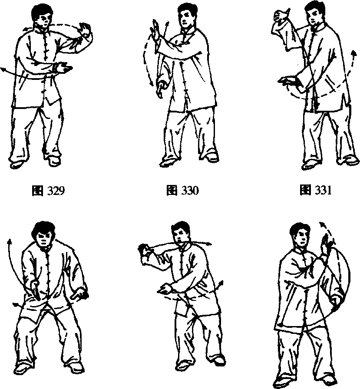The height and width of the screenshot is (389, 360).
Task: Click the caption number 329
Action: point(56,191)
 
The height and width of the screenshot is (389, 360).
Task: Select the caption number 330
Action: point(190,191)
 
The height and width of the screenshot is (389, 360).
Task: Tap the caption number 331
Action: point(323,191)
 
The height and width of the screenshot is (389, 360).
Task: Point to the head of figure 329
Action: point(43,16)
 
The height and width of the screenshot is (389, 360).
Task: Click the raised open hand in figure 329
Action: point(86,30)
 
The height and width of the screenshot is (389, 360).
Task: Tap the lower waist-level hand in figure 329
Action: point(63,68)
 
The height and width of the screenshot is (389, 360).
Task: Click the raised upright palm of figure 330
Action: point(155,32)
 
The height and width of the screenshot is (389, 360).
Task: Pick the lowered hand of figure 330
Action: point(161,87)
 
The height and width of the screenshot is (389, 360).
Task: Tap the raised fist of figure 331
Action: point(281,17)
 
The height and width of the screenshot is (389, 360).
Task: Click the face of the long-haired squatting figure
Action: point(44,238)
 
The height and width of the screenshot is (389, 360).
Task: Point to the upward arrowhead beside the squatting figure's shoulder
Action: point(10,241)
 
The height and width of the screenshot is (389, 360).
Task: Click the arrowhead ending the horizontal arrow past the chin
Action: point(208,244)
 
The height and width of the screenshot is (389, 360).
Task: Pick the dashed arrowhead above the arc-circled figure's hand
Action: point(322,224)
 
